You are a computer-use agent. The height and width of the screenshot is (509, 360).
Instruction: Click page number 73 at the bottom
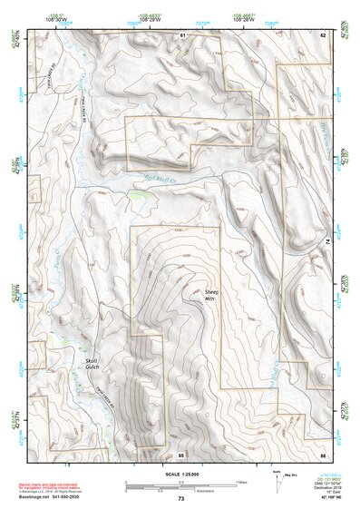click(x=180, y=499)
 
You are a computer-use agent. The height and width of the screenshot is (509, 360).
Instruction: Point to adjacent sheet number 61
click(x=181, y=34)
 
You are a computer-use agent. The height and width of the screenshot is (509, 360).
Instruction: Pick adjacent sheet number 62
click(x=322, y=34)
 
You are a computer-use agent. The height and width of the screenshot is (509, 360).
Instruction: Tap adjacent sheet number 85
click(x=181, y=453)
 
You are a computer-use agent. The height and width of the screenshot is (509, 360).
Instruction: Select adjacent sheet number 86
click(x=322, y=453)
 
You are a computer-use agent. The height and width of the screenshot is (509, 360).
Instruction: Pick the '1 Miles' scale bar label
click(x=241, y=481)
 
